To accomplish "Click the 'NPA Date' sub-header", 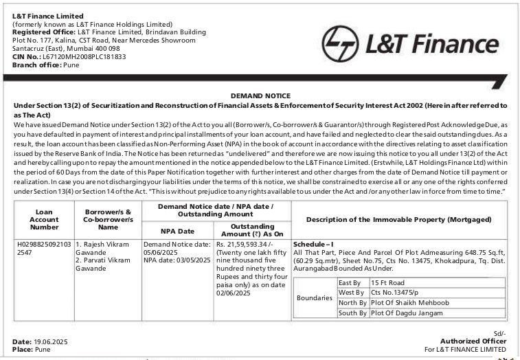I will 177,231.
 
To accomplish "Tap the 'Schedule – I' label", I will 313,244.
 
